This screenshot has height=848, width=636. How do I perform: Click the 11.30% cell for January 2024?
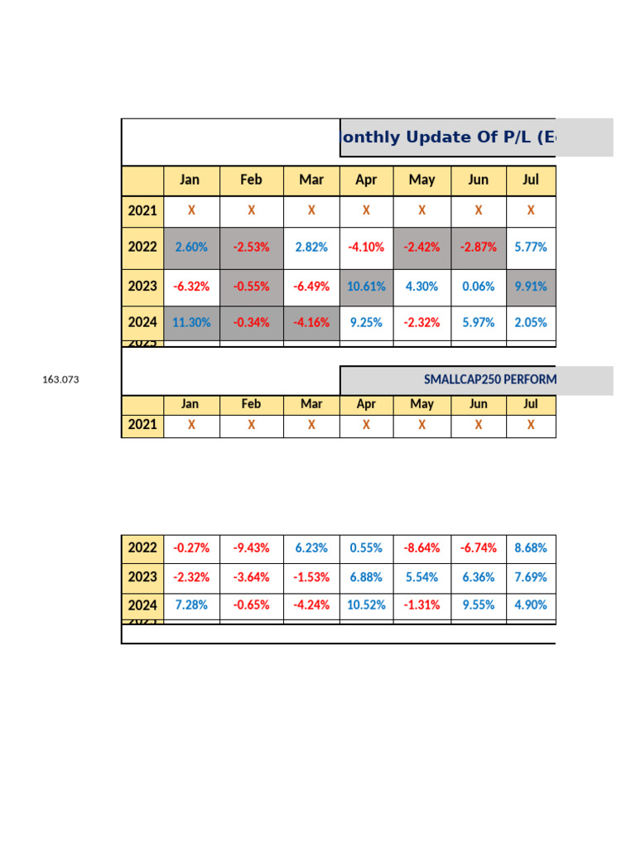point(191,323)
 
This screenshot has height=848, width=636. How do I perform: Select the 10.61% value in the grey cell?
point(366,287)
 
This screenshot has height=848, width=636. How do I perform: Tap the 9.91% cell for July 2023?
point(531,287)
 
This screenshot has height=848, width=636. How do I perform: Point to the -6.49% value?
point(311,287)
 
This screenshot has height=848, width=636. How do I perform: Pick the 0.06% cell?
point(478,287)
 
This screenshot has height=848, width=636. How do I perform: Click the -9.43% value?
point(251,548)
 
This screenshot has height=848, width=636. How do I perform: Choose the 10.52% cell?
point(366,605)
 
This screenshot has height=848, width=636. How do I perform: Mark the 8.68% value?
point(531,548)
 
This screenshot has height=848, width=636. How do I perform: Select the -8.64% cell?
point(422,548)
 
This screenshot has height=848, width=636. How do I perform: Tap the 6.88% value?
point(366,577)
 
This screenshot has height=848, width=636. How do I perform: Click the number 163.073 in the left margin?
point(60,380)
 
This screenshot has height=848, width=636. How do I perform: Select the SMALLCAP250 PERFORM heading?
point(489,380)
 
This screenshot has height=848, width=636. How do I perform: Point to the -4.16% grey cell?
point(311,323)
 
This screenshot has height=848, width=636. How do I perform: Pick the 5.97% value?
point(478,323)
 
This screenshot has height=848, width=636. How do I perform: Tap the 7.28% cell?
point(191,605)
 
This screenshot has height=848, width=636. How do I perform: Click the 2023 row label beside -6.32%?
point(142,287)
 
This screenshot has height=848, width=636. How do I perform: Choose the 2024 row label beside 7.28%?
point(142,605)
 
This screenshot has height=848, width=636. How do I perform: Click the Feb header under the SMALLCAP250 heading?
point(251,404)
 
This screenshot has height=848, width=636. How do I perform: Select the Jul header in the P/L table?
point(531,180)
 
